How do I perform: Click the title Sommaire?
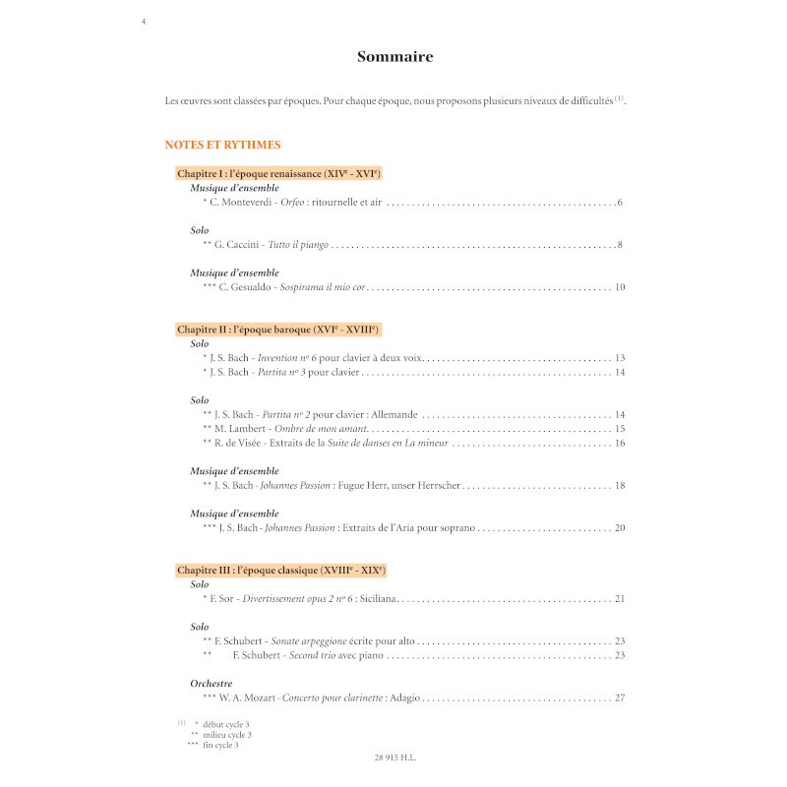click(x=394, y=57)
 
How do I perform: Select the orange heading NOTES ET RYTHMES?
click(x=223, y=144)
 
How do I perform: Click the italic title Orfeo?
click(x=292, y=203)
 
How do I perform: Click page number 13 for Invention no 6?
click(x=619, y=358)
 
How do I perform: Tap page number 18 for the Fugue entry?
click(x=619, y=486)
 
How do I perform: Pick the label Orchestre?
click(x=212, y=683)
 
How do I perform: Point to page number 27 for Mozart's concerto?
click(x=619, y=698)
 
